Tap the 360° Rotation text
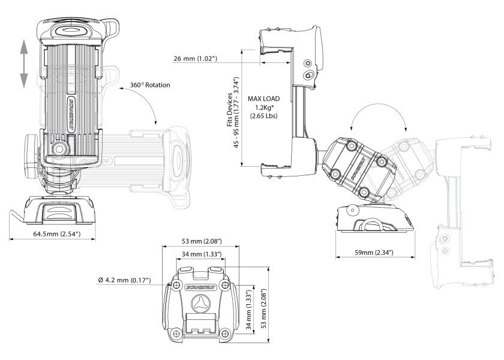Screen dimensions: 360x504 (x=150, y=85)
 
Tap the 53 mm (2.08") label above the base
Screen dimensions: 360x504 (x=201, y=241)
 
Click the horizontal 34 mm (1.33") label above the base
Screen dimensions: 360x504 (x=201, y=255)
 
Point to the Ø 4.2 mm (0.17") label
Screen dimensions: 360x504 (x=124, y=280)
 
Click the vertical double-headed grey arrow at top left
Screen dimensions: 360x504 (x=23, y=63)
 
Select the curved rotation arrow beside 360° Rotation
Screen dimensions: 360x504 (x=148, y=108)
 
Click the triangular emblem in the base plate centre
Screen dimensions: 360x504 (x=200, y=305)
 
